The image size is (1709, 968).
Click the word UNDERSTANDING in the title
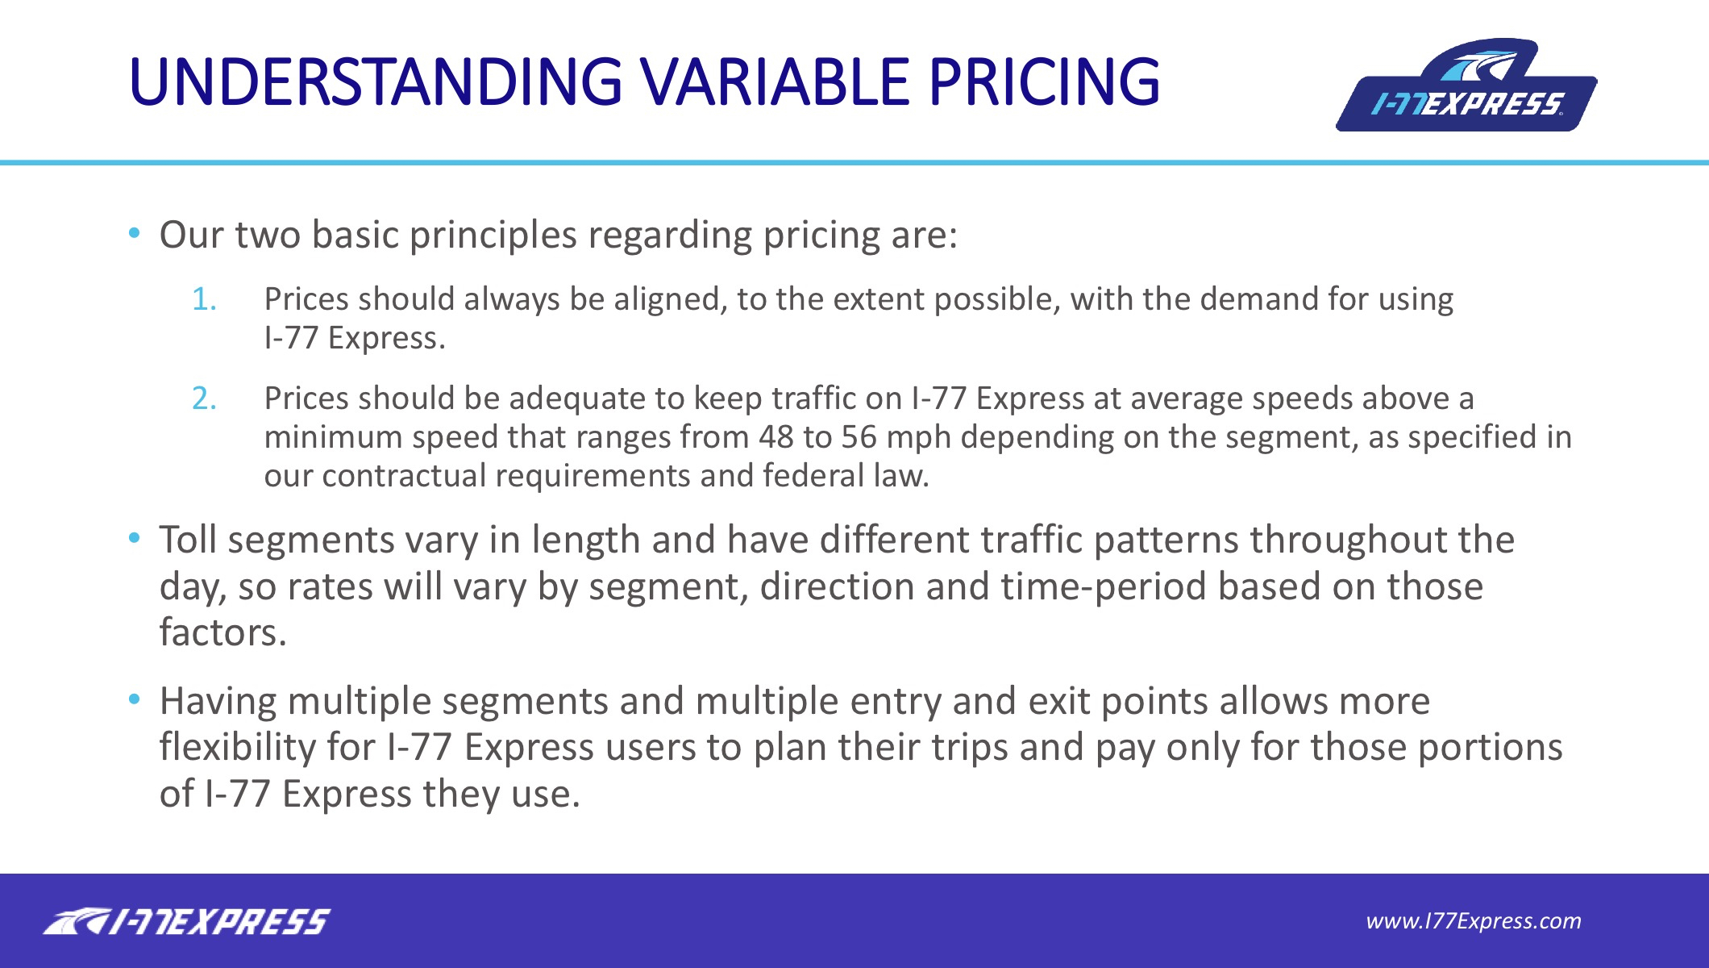[376, 81]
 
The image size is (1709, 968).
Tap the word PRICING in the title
[1044, 81]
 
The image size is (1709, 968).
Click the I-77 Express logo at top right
[1466, 85]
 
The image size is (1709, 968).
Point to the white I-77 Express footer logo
[186, 921]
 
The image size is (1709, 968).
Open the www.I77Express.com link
[1474, 921]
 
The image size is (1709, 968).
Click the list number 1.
[204, 299]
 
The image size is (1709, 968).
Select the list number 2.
[204, 398]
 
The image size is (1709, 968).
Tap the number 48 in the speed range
[776, 437]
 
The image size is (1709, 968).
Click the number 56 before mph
[859, 437]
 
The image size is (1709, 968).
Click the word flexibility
[238, 748]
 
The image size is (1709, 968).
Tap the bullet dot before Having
[134, 699]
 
